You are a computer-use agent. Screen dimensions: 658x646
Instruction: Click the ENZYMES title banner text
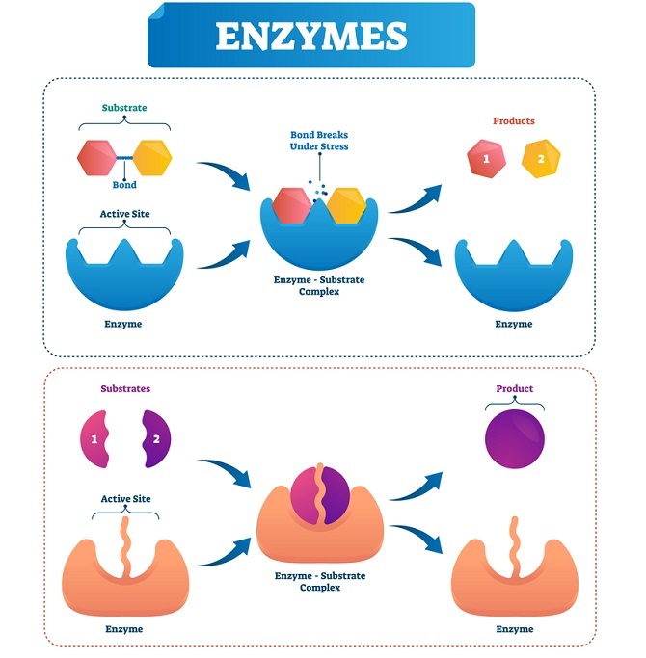[x=310, y=36]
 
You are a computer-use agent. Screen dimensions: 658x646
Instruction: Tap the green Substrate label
[x=124, y=108]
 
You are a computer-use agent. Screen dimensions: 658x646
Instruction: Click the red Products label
[x=513, y=121]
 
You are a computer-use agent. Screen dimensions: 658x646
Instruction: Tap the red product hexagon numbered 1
[x=487, y=158]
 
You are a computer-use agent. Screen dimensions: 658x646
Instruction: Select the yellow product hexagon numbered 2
[x=540, y=158]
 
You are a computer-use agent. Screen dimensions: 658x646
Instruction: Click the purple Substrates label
[x=124, y=389]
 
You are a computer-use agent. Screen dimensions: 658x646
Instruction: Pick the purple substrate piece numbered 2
[x=152, y=439]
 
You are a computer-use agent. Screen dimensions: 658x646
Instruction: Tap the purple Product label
[x=513, y=389]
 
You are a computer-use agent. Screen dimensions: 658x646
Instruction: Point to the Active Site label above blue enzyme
[x=123, y=214]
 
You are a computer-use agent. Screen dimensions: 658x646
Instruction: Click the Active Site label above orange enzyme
[x=123, y=499]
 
